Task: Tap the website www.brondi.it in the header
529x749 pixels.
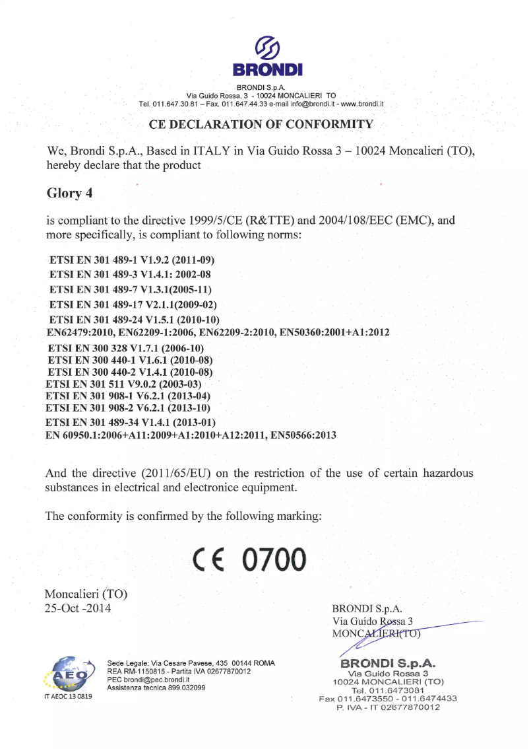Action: (360, 104)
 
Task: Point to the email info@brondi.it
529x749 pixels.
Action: (309, 104)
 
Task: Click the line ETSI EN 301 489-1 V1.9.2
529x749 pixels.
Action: (132, 261)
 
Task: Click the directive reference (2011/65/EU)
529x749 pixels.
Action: (184, 474)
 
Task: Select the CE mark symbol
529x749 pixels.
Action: (209, 560)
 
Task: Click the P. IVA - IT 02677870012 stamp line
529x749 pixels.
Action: (388, 707)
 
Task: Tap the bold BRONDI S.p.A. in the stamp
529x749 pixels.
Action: (389, 663)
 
